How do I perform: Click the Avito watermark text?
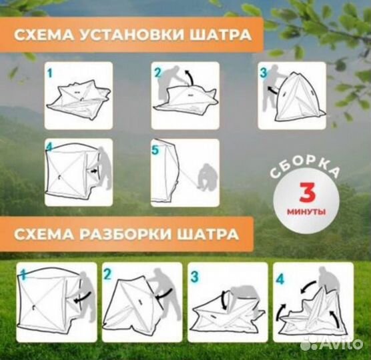coord(337,343)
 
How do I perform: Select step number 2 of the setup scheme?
coord(158,71)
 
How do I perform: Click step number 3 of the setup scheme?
coord(264,72)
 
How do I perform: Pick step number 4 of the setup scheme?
coord(49,145)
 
